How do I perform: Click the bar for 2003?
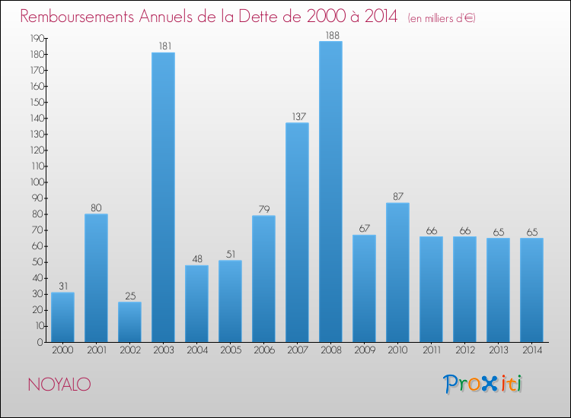163,198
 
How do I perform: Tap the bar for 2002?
129,322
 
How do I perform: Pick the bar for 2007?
297,233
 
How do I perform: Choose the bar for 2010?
397,272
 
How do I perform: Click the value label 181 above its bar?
164,46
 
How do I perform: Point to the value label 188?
330,35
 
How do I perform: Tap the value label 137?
297,117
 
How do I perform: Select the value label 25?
129,296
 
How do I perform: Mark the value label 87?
397,197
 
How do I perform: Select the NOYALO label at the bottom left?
59,385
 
